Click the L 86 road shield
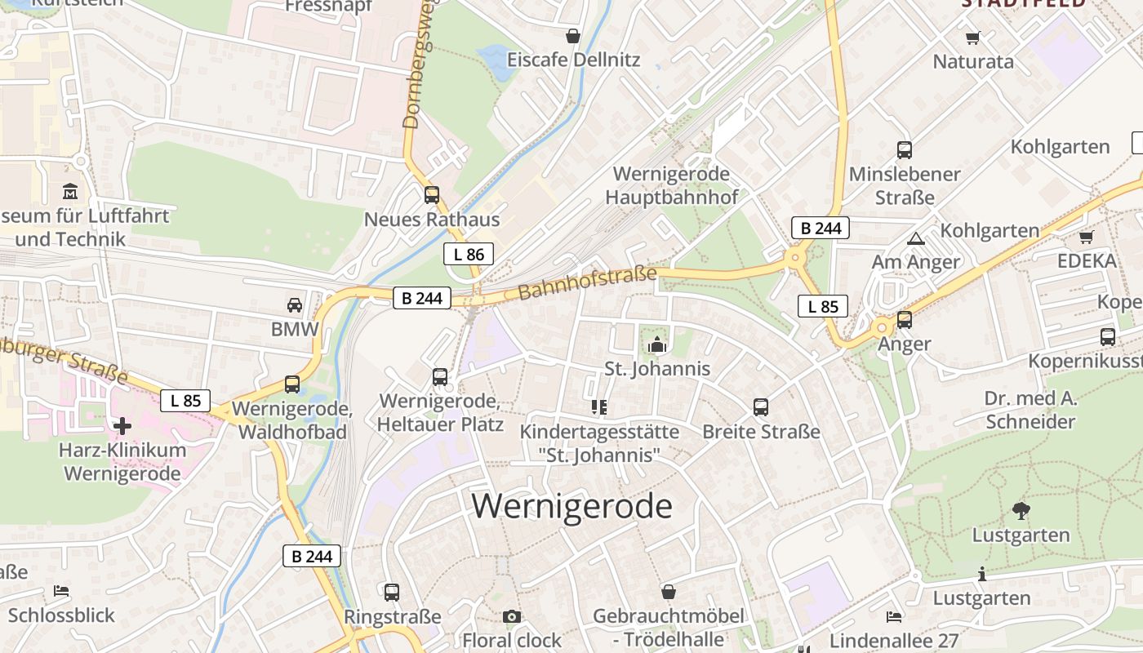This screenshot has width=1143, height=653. [469, 254]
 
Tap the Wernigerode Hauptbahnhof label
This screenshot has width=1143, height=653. [671, 185]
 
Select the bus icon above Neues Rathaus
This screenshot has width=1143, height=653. [432, 195]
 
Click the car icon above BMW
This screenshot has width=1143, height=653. [295, 305]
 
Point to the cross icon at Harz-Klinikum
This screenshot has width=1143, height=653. [122, 425]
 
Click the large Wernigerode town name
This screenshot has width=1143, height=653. [571, 506]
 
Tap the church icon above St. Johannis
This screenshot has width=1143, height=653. [657, 345]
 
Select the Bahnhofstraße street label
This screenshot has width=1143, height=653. [586, 282]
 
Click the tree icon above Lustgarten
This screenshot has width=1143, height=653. [1021, 511]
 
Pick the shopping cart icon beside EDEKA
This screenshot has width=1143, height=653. [1086, 237]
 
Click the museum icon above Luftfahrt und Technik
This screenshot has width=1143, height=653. [70, 192]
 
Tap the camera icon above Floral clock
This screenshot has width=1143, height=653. [512, 616]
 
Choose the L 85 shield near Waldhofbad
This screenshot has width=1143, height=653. [185, 401]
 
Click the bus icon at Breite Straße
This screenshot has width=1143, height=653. [761, 406]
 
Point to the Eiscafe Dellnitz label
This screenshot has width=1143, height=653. [573, 60]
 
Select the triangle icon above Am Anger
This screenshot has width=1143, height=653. [915, 239]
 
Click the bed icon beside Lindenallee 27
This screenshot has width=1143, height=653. [894, 616]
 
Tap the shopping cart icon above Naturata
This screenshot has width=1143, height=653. [972, 38]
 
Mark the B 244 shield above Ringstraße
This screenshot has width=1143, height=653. [312, 556]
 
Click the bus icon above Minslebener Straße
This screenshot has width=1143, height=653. [905, 150]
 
